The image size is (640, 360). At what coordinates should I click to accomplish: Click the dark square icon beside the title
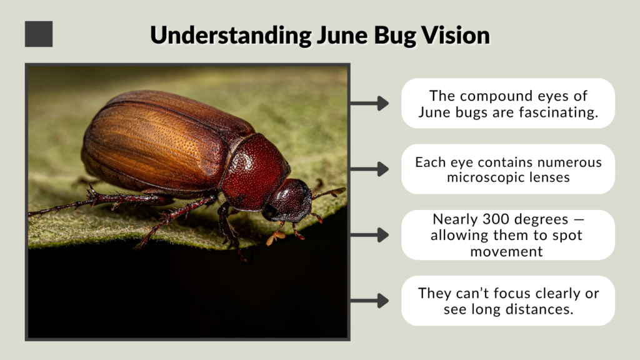39,34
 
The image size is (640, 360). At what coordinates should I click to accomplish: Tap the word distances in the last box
542,309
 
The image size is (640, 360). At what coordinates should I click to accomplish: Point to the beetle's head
291,200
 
